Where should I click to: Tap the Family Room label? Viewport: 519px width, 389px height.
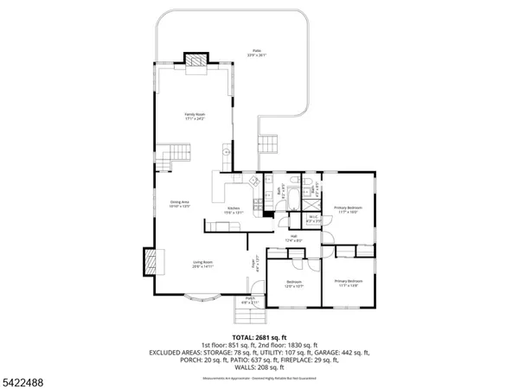(194, 115)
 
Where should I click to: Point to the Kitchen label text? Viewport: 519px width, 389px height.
(234, 209)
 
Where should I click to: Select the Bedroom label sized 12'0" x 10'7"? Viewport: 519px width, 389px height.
(294, 284)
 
